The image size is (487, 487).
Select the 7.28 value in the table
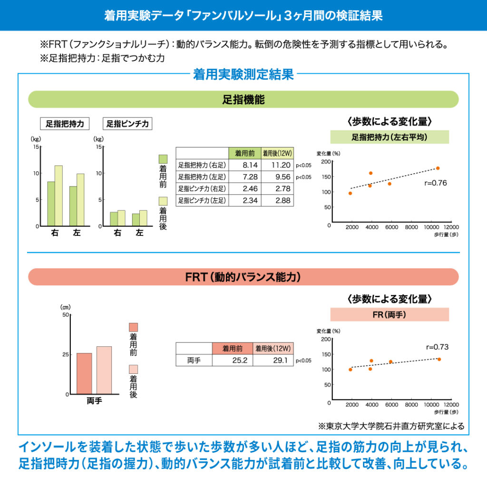[250, 177]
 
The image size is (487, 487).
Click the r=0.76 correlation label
[436, 183]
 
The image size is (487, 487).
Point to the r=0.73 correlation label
[437, 347]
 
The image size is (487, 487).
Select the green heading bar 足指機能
[243, 99]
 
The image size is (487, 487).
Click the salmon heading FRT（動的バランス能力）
[243, 277]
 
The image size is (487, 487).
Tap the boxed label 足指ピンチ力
[127, 124]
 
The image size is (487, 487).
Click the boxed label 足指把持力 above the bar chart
[65, 124]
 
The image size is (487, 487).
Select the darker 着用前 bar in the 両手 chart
[84, 373]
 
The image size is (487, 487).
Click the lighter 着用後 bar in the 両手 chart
[104, 370]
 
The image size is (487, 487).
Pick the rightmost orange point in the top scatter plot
[438, 168]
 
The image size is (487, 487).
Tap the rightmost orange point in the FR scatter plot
[439, 359]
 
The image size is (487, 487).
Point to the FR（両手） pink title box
[390, 314]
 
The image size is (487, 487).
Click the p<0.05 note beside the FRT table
[303, 361]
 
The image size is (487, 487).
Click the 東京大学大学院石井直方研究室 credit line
[390, 426]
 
